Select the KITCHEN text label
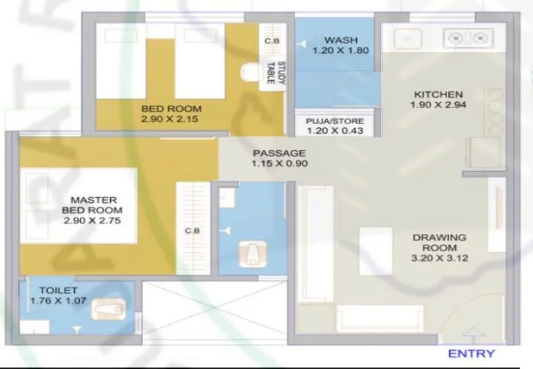click(x=438, y=95)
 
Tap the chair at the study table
click(x=249, y=73)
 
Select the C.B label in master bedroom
click(x=192, y=232)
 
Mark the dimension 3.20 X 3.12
click(x=440, y=258)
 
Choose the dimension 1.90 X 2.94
click(x=438, y=106)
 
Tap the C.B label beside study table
click(x=271, y=41)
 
